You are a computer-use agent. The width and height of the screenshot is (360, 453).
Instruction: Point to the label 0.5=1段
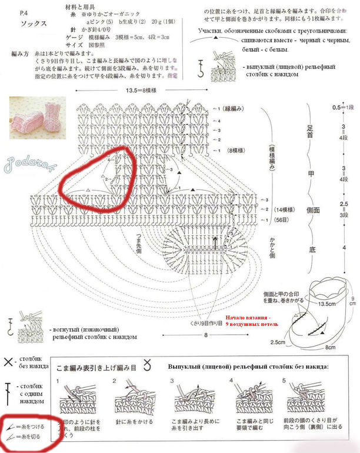pyautogui.click(x=341, y=108)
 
